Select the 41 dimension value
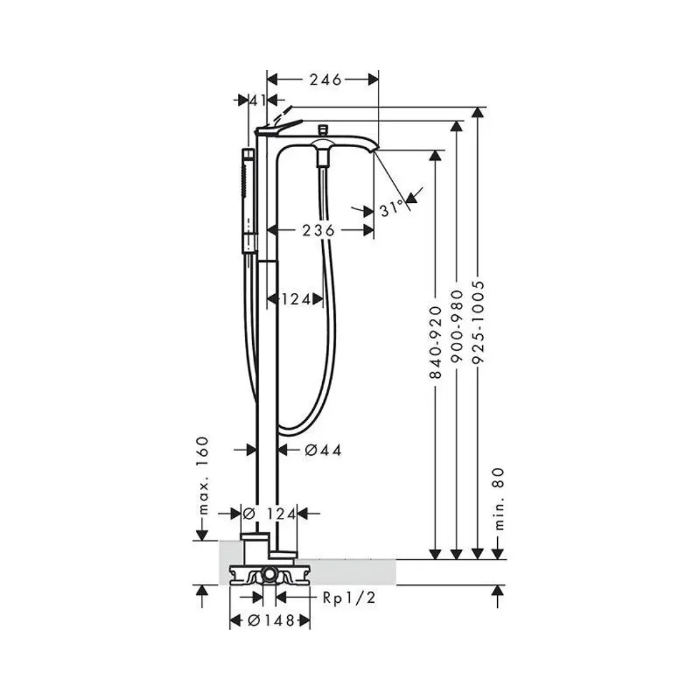click(259, 100)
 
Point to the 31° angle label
click(392, 209)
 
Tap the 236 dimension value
click(318, 230)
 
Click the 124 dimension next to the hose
click(296, 299)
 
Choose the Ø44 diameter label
click(322, 449)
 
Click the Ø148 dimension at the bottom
click(271, 620)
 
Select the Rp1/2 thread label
click(349, 597)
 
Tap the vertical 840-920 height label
click(436, 343)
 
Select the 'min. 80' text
click(498, 499)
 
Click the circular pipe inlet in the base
click(268, 576)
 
